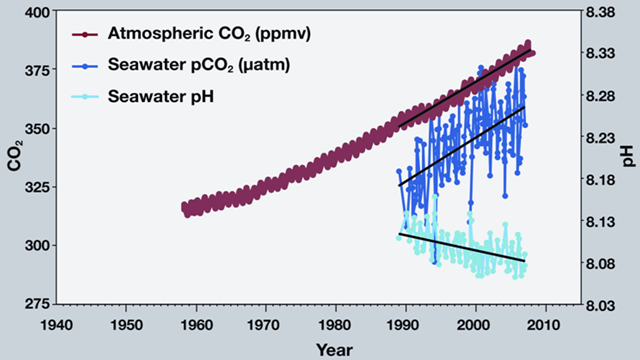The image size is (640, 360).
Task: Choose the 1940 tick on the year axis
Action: point(56,324)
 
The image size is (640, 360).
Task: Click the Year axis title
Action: point(334,348)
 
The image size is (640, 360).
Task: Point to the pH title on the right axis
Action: point(628,158)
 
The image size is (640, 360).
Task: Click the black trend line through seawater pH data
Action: point(460,247)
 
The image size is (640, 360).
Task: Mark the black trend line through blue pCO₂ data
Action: point(460,146)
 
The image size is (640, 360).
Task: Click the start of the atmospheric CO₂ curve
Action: point(185,207)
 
